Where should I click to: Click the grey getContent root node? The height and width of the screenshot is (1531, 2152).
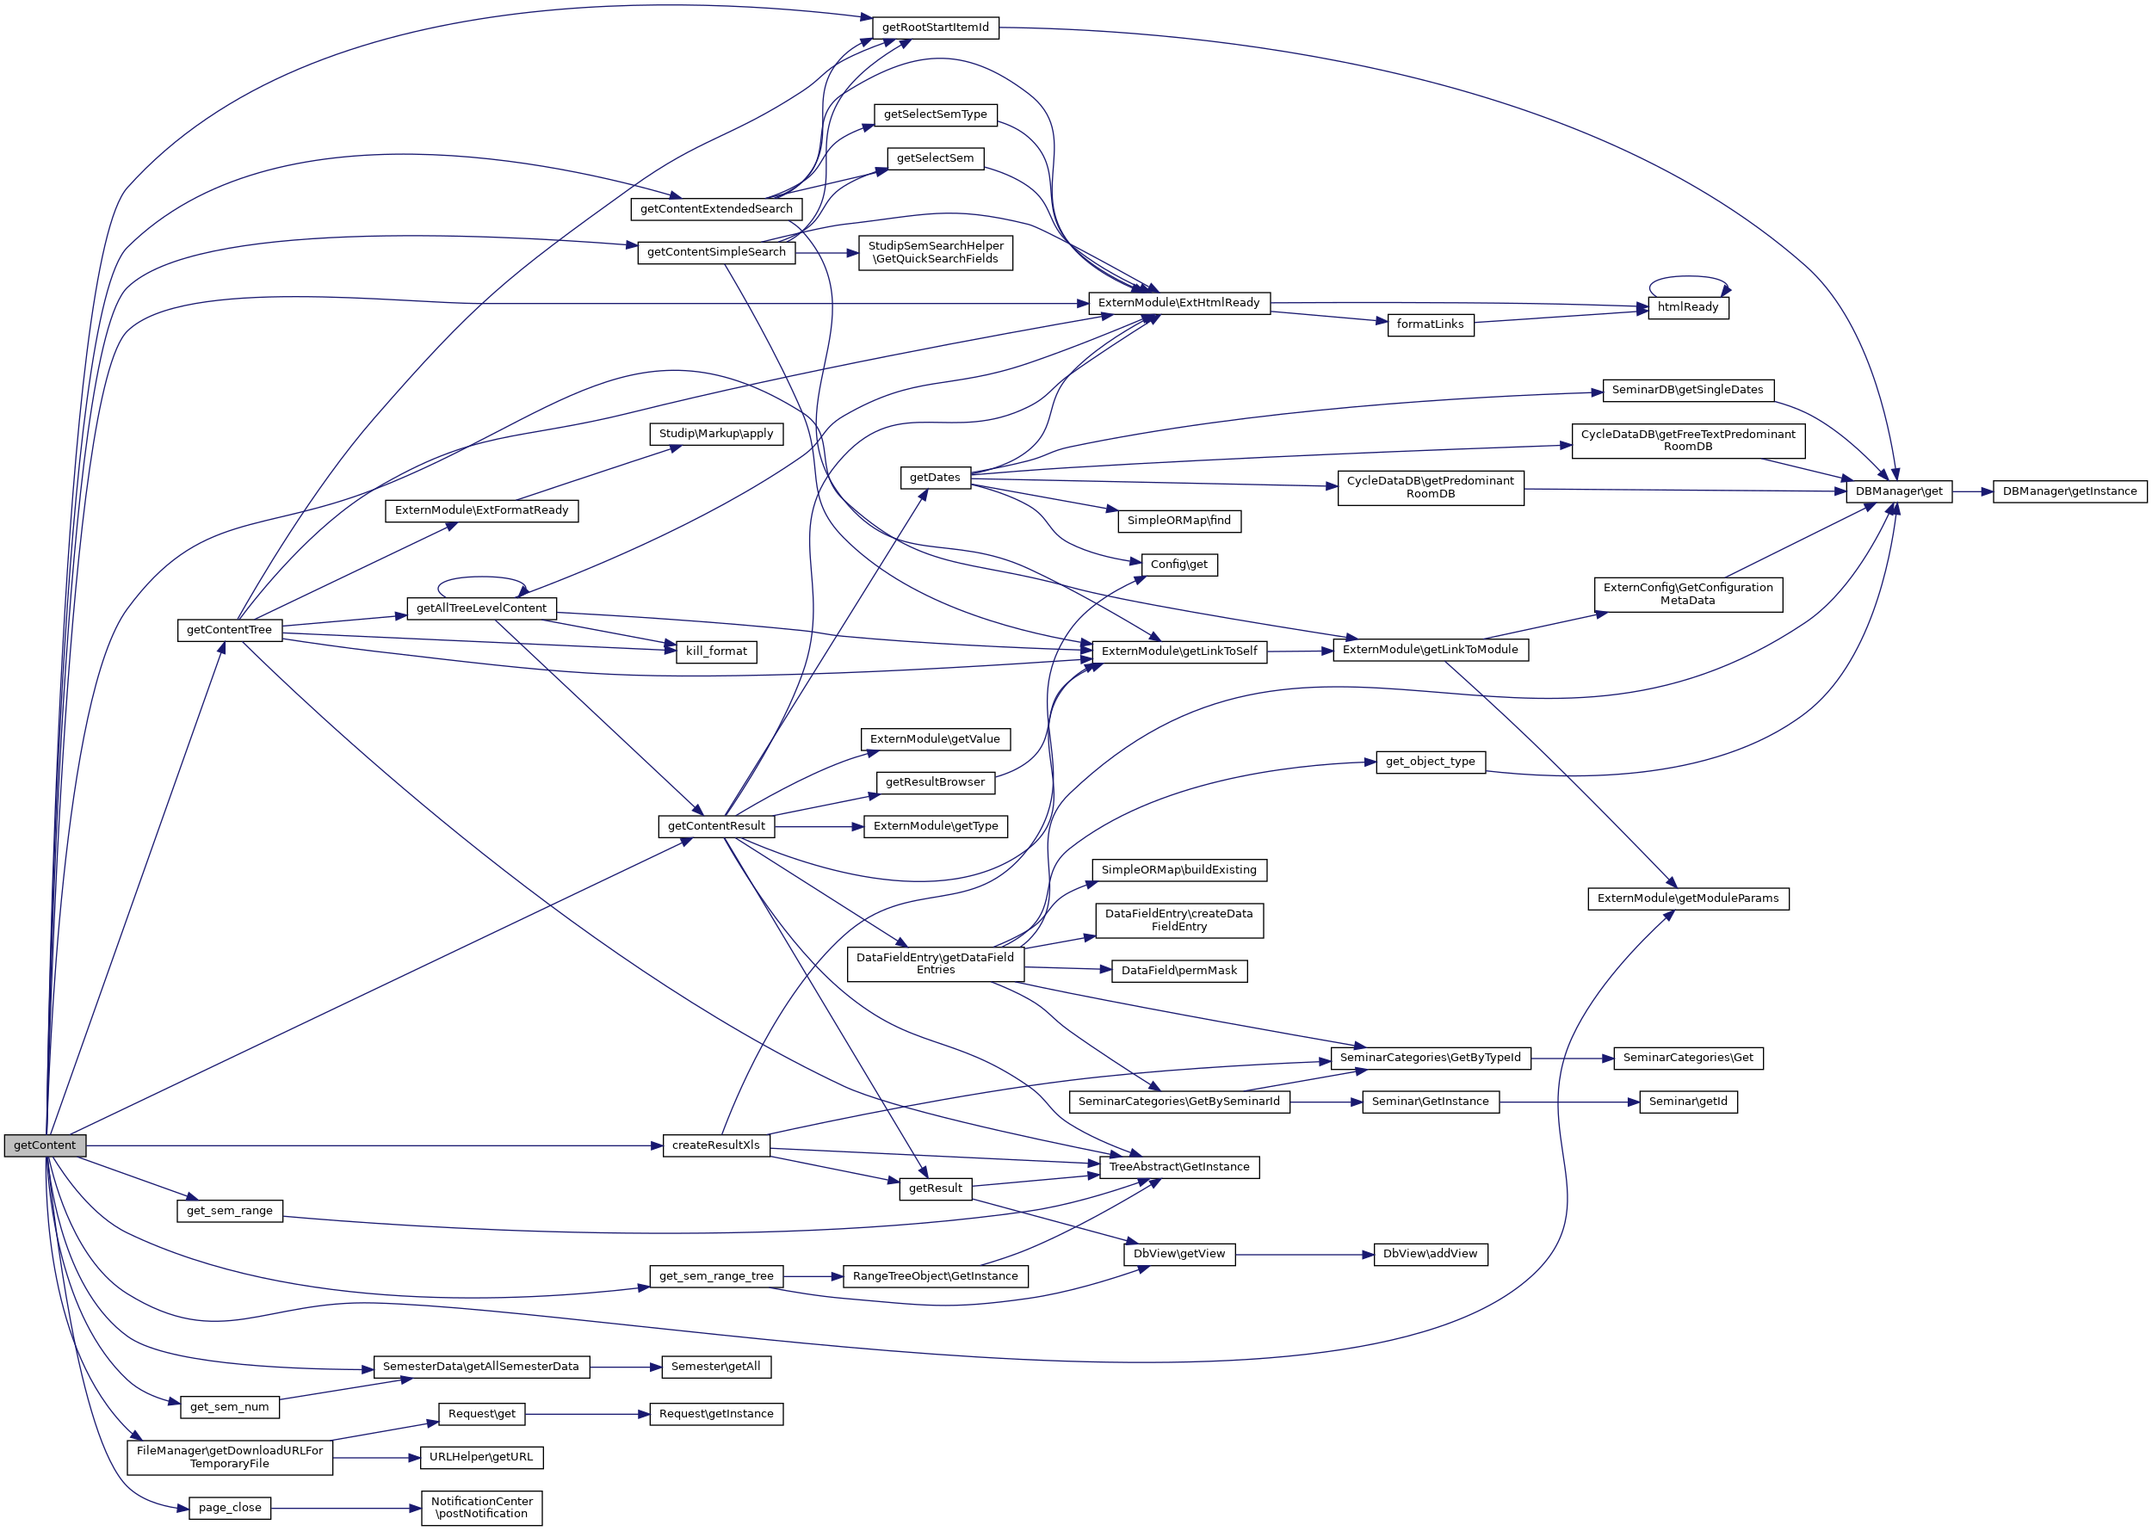click(44, 1145)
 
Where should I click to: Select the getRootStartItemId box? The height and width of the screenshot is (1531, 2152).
click(935, 28)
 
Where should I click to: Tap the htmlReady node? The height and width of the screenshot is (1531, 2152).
click(1687, 307)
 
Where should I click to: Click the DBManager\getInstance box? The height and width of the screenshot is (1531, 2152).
click(2069, 491)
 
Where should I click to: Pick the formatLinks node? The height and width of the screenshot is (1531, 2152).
click(1430, 324)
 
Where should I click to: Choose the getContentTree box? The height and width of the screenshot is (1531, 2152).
click(229, 630)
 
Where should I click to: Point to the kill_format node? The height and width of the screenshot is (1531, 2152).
click(716, 651)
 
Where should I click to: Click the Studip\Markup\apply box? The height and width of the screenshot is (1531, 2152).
click(716, 434)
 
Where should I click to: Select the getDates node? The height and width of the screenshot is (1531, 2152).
click(935, 478)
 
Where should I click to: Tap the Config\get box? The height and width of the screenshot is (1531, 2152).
click(1178, 565)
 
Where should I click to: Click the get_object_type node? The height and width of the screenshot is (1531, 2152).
click(1430, 762)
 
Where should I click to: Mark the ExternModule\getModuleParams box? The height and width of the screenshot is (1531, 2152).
click(1687, 898)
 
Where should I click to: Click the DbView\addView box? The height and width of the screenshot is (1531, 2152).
click(1430, 1254)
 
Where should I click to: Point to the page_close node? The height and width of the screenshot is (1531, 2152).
click(229, 1508)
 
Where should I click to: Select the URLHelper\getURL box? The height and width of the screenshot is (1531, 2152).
click(481, 1458)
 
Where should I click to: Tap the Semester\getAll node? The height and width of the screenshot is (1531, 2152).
click(716, 1366)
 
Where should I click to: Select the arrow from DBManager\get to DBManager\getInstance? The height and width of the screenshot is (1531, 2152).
click(1972, 491)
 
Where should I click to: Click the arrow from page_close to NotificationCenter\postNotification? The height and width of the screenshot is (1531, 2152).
click(345, 1509)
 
